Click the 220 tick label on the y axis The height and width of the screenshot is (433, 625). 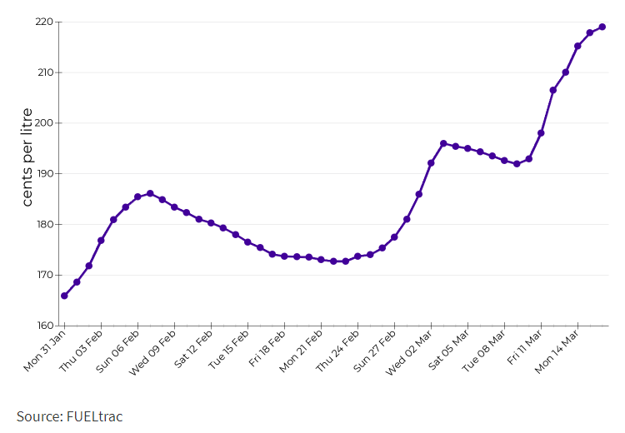(x=43, y=22)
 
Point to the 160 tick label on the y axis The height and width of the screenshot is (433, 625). (x=43, y=326)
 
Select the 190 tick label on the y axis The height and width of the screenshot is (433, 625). (x=43, y=174)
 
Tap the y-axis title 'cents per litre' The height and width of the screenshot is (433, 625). (x=27, y=157)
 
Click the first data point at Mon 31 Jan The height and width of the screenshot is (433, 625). (x=64, y=296)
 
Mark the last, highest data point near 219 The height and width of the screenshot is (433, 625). (x=602, y=27)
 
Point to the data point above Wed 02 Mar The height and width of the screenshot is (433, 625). (x=431, y=163)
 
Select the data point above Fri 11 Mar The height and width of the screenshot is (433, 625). (x=541, y=133)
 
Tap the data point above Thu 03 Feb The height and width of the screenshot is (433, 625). (x=101, y=241)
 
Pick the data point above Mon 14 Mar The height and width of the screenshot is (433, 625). (x=577, y=46)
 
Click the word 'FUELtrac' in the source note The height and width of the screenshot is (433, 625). (x=94, y=416)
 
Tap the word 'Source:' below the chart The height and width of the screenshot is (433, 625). (x=39, y=416)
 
